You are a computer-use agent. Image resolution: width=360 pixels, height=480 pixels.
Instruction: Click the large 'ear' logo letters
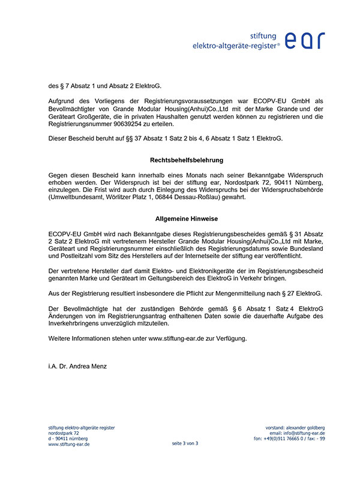click(305, 39)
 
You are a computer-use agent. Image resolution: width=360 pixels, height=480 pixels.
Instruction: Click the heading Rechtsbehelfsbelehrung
click(186, 160)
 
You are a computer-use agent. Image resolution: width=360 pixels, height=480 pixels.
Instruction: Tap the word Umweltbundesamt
click(76, 197)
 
